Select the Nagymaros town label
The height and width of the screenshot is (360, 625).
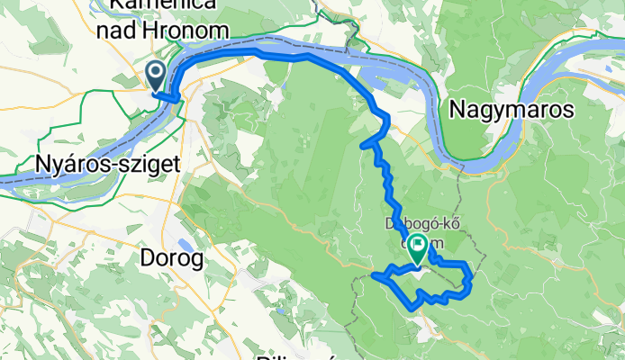[x=512, y=110]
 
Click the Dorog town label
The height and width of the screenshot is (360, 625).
[x=173, y=258]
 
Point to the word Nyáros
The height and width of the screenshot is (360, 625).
[x=68, y=164]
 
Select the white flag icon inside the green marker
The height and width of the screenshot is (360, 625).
[x=418, y=244]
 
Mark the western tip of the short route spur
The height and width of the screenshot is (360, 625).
[x=362, y=145]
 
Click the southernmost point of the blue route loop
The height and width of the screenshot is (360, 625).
[x=413, y=308]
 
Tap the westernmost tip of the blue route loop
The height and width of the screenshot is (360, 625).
[x=373, y=275]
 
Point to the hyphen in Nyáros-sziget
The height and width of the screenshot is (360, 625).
[x=113, y=165]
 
